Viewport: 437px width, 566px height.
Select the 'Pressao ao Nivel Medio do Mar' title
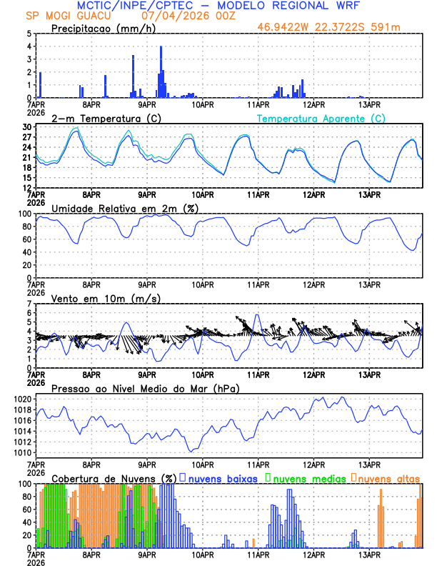point(145,388)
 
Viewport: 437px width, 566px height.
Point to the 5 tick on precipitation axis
point(29,34)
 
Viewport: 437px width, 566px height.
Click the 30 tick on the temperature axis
point(27,127)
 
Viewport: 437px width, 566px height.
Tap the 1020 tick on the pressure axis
point(24,399)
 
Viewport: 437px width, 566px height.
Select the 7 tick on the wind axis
point(29,304)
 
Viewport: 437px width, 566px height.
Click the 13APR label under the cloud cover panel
point(369,555)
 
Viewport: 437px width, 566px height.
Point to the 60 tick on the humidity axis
point(27,252)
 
